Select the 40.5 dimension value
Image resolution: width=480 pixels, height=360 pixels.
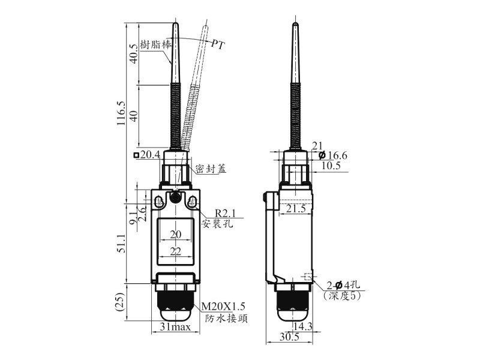134,54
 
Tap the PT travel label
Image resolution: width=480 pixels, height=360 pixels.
218,45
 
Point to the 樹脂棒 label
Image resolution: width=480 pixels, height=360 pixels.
155,44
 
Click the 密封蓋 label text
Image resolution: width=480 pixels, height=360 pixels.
211,169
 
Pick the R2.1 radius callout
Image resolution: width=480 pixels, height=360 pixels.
226,213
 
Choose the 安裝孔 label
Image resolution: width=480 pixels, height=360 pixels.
217,223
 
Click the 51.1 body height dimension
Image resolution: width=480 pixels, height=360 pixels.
121,244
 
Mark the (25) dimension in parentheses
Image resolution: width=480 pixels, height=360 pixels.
121,302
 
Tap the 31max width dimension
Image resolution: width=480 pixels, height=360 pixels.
175,327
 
